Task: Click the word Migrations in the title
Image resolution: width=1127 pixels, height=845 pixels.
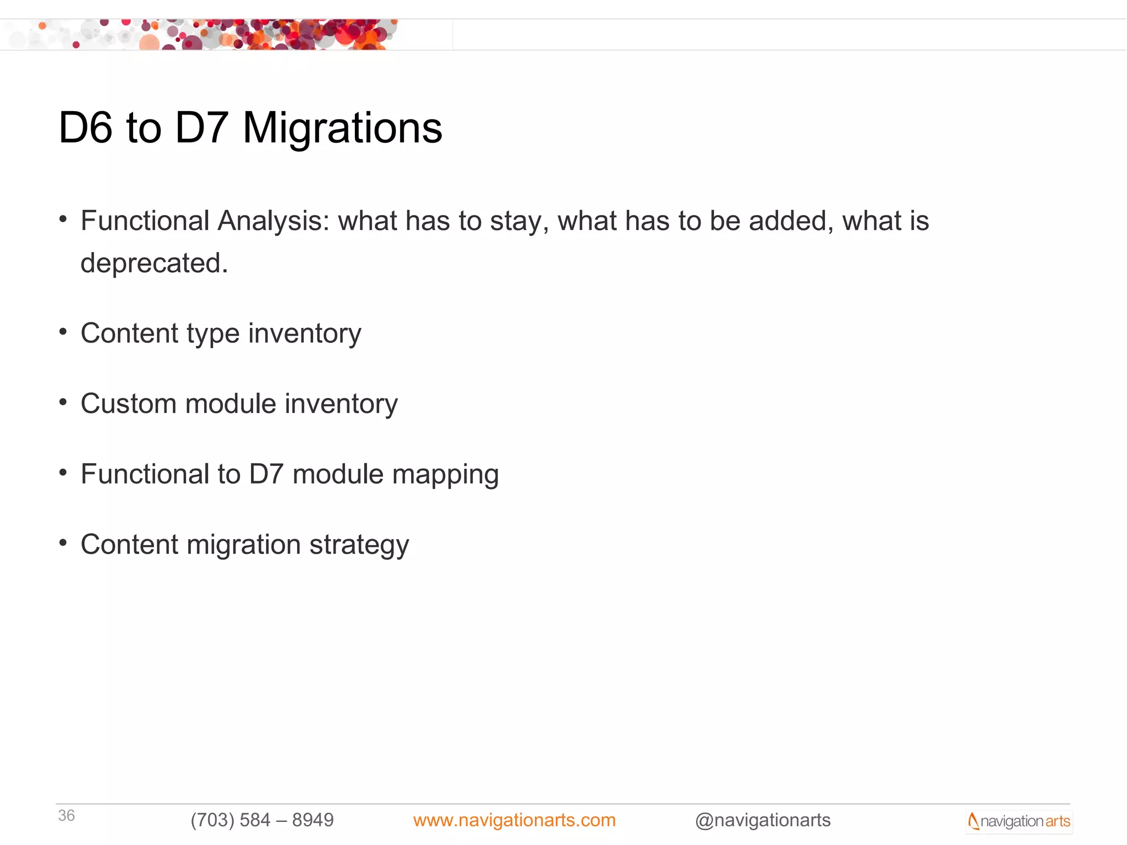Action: pyautogui.click(x=342, y=128)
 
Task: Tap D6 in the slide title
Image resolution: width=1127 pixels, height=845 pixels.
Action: pyautogui.click(x=85, y=128)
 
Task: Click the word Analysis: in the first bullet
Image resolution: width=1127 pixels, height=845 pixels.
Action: pyautogui.click(x=273, y=221)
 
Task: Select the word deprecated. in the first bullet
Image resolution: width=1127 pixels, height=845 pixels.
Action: pyautogui.click(x=154, y=263)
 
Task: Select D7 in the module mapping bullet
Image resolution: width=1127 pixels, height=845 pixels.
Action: pyautogui.click(x=266, y=474)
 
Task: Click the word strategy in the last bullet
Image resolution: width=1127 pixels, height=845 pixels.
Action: pyautogui.click(x=359, y=545)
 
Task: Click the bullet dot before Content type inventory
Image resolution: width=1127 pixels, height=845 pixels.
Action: pyautogui.click(x=63, y=332)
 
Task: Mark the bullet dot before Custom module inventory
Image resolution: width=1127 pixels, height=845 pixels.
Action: pyautogui.click(x=63, y=402)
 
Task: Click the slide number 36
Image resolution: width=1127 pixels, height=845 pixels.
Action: pyautogui.click(x=67, y=815)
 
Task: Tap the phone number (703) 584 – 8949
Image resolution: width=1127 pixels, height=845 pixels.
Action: pyautogui.click(x=262, y=820)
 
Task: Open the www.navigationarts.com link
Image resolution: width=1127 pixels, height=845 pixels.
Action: pyautogui.click(x=514, y=820)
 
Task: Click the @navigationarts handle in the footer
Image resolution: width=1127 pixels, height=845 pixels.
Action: pyautogui.click(x=763, y=820)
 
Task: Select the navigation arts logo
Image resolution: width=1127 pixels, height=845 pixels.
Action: pyautogui.click(x=1019, y=821)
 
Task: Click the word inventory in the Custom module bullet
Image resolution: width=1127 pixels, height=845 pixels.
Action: pyautogui.click(x=341, y=404)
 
